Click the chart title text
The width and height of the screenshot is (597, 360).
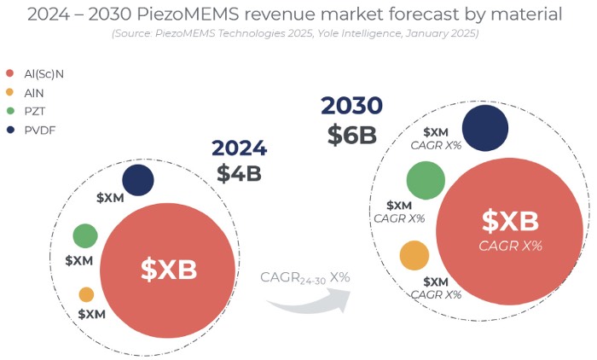click(x=294, y=14)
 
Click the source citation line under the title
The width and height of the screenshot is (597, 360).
click(x=294, y=33)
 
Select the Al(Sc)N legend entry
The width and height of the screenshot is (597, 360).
click(x=38, y=74)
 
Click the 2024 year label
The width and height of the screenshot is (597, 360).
click(x=239, y=148)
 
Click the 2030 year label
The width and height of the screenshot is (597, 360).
click(x=351, y=106)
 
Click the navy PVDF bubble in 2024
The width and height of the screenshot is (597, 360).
click(x=137, y=180)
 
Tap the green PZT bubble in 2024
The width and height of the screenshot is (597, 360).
click(x=85, y=235)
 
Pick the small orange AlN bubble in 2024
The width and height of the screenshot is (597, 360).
click(x=86, y=294)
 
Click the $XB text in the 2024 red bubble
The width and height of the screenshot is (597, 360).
click(x=168, y=270)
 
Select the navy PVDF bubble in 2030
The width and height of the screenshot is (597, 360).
click(x=486, y=127)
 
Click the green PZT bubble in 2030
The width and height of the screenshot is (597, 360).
click(x=426, y=180)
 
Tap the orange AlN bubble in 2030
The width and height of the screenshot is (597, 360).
click(x=414, y=255)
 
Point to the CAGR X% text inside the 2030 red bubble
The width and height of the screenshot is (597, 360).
click(x=510, y=246)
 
